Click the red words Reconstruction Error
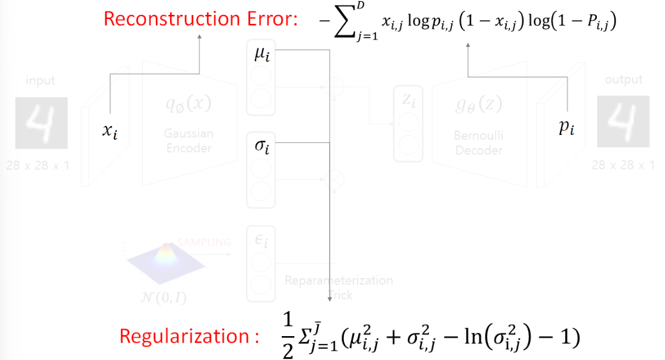[201, 19]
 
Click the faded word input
[41, 80]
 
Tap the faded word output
[624, 79]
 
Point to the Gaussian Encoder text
[188, 141]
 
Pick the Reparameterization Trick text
[338, 287]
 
